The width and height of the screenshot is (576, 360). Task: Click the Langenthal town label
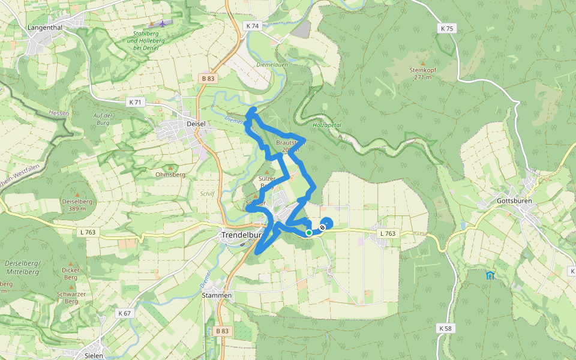(x=46, y=28)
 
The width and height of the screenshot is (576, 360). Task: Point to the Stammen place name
(x=217, y=296)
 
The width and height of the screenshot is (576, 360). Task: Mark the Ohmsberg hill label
(x=170, y=175)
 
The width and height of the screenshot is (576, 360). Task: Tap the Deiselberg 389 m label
(x=77, y=205)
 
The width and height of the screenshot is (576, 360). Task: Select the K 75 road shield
(x=447, y=28)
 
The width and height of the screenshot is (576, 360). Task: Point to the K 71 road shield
(x=135, y=103)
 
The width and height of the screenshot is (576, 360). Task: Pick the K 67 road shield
(x=125, y=313)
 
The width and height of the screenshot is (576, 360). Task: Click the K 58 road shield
(x=445, y=328)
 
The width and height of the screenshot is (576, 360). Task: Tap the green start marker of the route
(x=308, y=233)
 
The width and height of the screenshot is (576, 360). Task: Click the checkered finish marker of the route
(x=323, y=227)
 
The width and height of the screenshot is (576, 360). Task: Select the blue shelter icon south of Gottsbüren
(x=490, y=275)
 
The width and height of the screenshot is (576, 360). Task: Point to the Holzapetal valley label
(x=326, y=125)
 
